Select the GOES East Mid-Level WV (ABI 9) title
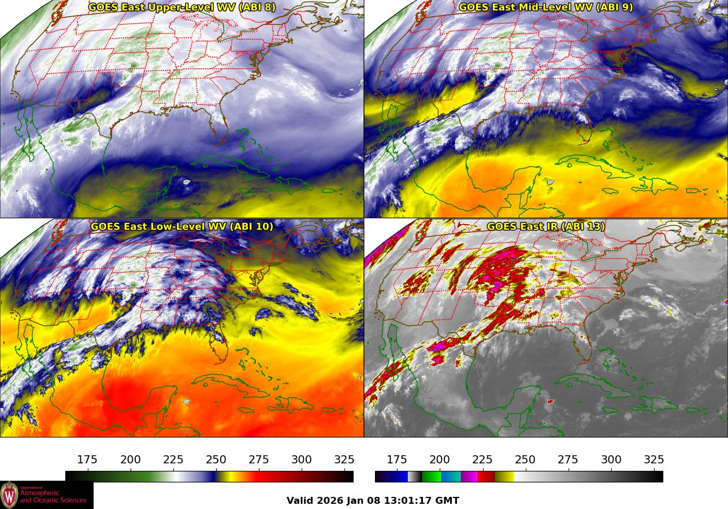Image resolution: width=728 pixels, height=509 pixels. [x=545, y=8]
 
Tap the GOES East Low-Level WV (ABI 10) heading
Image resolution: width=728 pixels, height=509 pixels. [x=182, y=226]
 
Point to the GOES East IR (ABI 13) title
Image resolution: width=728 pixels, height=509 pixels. [x=545, y=226]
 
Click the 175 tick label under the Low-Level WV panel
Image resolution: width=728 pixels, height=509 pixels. [x=87, y=460]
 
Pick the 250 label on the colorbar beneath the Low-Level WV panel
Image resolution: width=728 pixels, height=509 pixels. [x=216, y=460]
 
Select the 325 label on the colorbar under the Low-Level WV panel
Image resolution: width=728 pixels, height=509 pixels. [x=344, y=460]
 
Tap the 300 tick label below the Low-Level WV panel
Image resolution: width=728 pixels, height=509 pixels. [x=302, y=460]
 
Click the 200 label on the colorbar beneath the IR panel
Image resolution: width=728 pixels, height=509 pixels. [x=440, y=460]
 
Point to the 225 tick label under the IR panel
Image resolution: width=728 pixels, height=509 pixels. [x=482, y=460]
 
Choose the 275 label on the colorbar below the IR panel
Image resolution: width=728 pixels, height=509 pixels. [x=568, y=460]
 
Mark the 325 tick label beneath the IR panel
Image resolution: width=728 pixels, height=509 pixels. [x=653, y=460]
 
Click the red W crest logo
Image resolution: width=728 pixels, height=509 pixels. [x=9, y=495]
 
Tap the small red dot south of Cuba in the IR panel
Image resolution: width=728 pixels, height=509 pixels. [x=549, y=401]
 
